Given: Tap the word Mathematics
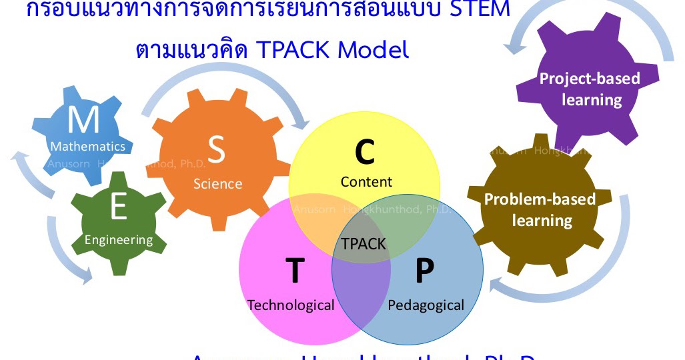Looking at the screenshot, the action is click(x=87, y=146).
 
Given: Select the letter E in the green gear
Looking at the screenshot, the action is click(x=118, y=209).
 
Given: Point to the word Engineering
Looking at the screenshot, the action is click(x=119, y=239).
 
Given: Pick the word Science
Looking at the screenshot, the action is click(x=217, y=183).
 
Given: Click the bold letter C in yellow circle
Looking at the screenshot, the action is click(x=364, y=151).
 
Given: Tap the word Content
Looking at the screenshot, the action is click(x=366, y=181).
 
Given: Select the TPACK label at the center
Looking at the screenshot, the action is click(x=364, y=243).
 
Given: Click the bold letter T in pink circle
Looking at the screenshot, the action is click(x=294, y=270).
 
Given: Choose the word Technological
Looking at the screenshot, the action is click(x=291, y=305).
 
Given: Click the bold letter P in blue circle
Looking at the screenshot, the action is click(x=424, y=270).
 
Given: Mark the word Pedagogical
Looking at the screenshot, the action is click(x=426, y=305).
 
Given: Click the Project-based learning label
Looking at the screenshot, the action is click(x=590, y=89).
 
